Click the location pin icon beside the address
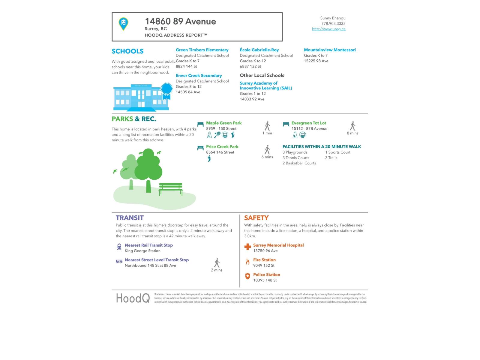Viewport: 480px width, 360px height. click(x=123, y=24)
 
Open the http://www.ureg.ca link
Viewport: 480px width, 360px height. click(x=328, y=29)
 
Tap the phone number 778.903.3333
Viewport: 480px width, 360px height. click(x=333, y=23)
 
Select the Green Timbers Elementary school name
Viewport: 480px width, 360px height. click(x=202, y=50)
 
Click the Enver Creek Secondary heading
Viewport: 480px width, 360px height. click(x=199, y=76)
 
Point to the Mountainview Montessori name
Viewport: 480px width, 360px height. click(x=330, y=50)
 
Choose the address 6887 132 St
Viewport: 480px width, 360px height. click(x=250, y=66)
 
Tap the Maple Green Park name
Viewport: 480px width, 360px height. click(x=223, y=123)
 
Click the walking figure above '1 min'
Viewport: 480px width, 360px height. click(x=267, y=126)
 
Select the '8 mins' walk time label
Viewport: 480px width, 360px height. click(x=352, y=133)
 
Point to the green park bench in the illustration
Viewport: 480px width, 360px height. click(x=171, y=189)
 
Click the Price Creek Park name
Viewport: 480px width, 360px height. click(x=222, y=147)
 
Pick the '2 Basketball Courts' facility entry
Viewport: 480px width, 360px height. click(x=299, y=163)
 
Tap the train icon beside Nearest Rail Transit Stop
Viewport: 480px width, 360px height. click(x=119, y=247)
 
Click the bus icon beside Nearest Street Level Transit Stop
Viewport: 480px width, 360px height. click(x=119, y=261)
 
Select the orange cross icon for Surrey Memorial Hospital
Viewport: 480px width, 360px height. click(x=247, y=247)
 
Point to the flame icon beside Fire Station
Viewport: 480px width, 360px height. click(x=247, y=262)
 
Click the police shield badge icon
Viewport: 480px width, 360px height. click(x=247, y=276)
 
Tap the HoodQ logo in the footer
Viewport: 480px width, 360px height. click(x=133, y=298)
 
